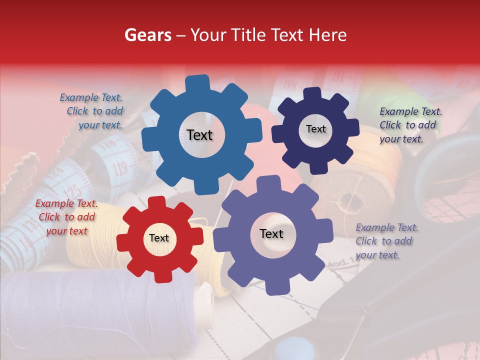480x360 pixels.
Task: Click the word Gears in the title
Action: (x=147, y=35)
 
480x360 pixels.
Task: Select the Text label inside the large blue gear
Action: (x=199, y=135)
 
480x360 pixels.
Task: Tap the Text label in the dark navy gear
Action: (x=315, y=129)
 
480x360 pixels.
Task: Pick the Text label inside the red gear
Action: (x=159, y=238)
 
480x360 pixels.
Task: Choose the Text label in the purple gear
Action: (x=271, y=233)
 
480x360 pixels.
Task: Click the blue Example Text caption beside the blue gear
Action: (x=93, y=111)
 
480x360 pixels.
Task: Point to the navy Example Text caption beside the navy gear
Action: (x=409, y=125)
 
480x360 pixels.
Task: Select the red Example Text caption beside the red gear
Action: (x=66, y=217)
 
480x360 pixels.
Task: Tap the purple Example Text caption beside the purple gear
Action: (x=386, y=241)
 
